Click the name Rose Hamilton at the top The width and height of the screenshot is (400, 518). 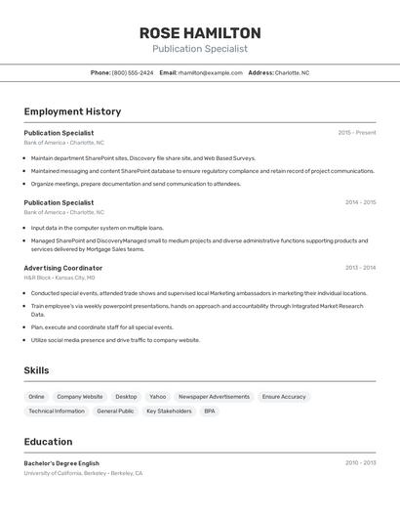(x=200, y=32)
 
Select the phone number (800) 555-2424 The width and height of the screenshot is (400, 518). (x=133, y=72)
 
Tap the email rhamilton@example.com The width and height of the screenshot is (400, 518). (x=212, y=72)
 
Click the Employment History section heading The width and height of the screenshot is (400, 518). (x=72, y=111)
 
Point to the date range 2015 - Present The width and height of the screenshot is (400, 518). (x=356, y=133)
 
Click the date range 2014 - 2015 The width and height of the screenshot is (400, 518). (x=360, y=202)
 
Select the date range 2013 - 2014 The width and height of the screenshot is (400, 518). (x=360, y=268)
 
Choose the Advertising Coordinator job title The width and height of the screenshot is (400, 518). (x=62, y=268)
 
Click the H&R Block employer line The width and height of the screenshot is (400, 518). (x=60, y=278)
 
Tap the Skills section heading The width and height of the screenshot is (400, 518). (x=36, y=370)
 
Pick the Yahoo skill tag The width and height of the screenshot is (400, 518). (x=157, y=397)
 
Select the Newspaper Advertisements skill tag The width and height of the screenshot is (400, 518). (x=214, y=397)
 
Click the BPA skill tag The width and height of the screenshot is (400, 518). (x=209, y=411)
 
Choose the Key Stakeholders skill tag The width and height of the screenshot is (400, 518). (x=169, y=411)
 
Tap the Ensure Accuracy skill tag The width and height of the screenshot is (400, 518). (x=284, y=397)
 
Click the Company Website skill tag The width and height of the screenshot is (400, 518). (x=79, y=397)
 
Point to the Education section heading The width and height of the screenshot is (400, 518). (x=48, y=442)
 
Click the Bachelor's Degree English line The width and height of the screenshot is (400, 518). (x=61, y=463)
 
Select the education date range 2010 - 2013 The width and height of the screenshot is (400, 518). (x=360, y=463)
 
